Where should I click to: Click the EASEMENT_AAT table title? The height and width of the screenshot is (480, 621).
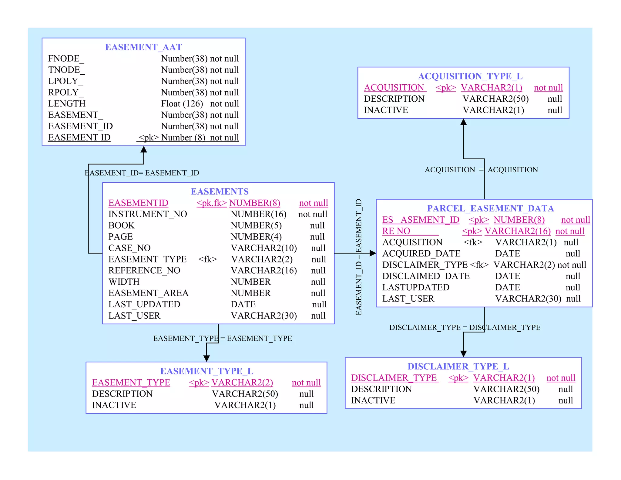(x=143, y=47)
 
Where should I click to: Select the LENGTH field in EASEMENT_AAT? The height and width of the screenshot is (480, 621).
(x=67, y=103)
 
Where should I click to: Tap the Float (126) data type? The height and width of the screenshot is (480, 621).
(x=182, y=103)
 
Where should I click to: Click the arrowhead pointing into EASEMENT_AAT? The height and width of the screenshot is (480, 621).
(x=144, y=150)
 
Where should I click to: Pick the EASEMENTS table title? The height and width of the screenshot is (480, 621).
(x=220, y=191)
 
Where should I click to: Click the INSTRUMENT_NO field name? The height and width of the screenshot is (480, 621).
(x=148, y=214)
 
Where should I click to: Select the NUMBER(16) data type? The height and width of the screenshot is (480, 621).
(x=258, y=214)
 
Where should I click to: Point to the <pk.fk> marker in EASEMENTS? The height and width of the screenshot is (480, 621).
(x=211, y=203)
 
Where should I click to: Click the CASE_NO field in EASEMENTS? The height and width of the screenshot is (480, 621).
(x=129, y=248)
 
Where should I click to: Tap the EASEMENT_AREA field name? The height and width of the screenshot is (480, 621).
(x=148, y=293)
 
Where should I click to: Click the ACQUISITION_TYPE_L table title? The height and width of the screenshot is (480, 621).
(x=470, y=76)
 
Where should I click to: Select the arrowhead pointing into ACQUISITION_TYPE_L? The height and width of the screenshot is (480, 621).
(x=463, y=122)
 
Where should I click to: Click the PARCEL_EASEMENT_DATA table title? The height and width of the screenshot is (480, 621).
(x=490, y=208)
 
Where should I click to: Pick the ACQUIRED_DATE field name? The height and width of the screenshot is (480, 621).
(x=421, y=253)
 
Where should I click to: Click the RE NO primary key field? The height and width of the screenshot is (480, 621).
(x=396, y=231)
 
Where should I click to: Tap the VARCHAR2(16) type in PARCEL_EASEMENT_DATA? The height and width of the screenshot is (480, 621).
(x=517, y=231)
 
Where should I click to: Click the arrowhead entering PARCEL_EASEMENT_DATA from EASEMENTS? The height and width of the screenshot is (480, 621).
(x=373, y=253)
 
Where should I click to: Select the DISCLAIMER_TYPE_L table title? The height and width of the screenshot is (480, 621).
(x=458, y=367)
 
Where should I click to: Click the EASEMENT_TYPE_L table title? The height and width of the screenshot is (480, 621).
(x=207, y=371)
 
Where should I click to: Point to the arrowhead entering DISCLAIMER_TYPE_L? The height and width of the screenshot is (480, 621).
(x=463, y=353)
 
